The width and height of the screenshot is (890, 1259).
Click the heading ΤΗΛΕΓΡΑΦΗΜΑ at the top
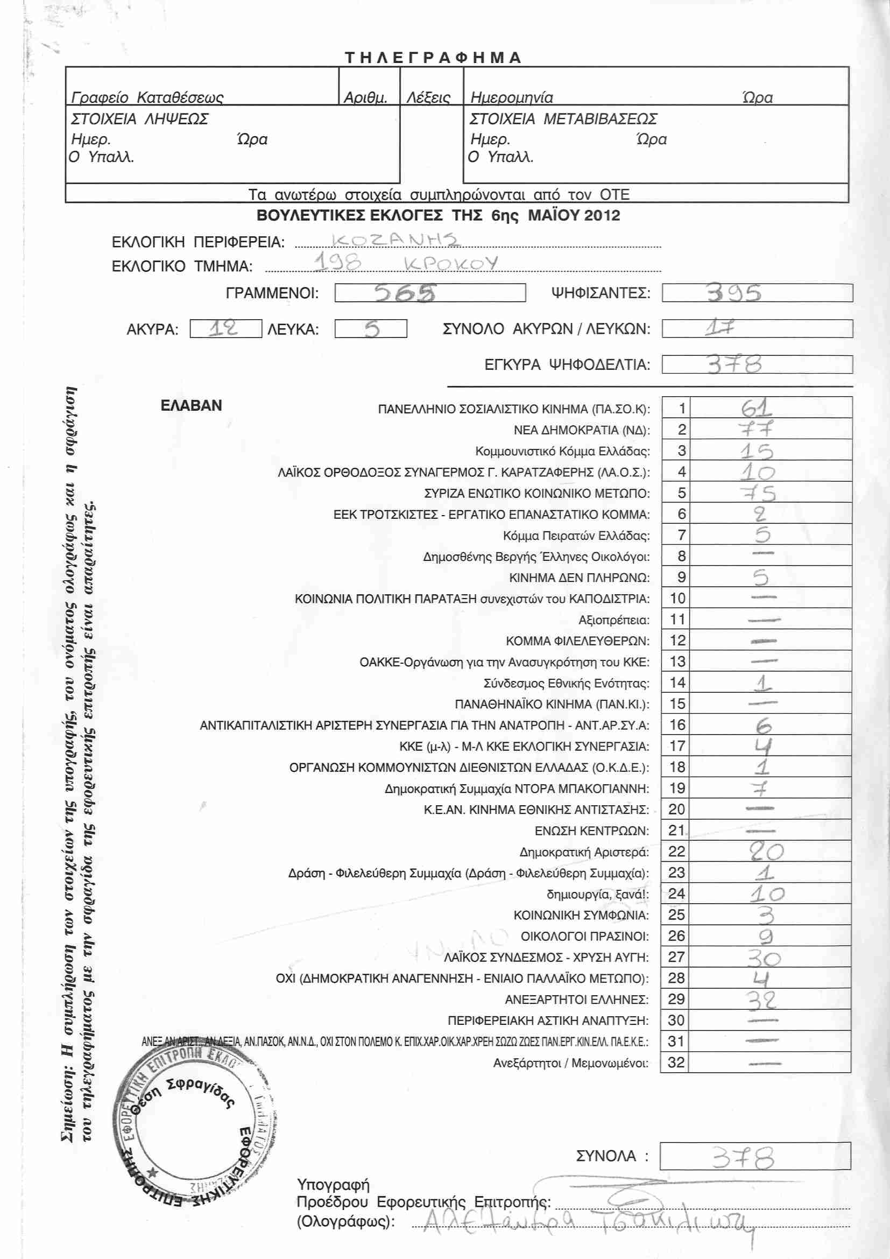[x=433, y=58]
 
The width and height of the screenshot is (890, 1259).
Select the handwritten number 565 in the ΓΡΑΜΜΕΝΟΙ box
[x=406, y=293]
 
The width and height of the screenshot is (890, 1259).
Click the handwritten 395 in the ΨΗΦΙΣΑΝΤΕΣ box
[x=734, y=293]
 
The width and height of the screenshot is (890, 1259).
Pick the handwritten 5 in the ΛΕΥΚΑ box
[x=372, y=329]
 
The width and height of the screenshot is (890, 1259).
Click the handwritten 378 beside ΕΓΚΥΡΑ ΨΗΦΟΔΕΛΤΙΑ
[x=734, y=364]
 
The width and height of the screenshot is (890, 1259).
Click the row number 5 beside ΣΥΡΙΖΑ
[x=681, y=493]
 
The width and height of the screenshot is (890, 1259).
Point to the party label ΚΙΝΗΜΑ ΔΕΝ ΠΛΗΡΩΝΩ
[x=580, y=578]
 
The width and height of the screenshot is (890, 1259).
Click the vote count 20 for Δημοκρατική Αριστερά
[x=766, y=852]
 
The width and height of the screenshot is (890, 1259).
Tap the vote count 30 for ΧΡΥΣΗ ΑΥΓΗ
[x=764, y=958]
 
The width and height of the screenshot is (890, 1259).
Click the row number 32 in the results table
[x=676, y=1063]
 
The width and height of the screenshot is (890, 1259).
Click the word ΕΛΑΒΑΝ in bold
[x=191, y=406]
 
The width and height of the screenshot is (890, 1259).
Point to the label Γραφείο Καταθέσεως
[x=147, y=97]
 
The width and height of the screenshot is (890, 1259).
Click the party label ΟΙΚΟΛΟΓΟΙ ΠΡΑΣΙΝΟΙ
[x=584, y=936]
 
